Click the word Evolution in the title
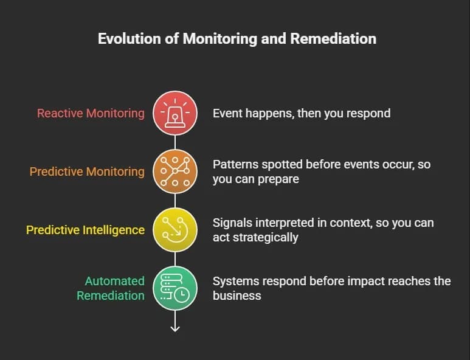130,39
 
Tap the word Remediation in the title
333,39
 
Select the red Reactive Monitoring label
91,113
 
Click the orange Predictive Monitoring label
87,171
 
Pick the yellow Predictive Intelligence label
86,230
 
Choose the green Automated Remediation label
111,288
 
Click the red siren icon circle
175,113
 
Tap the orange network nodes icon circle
175,171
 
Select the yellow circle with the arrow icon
175,230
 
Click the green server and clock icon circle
175,288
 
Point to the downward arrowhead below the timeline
175,329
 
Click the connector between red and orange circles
175,142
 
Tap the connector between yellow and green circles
175,259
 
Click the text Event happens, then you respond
302,113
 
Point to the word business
237,296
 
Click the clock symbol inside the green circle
182,295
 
